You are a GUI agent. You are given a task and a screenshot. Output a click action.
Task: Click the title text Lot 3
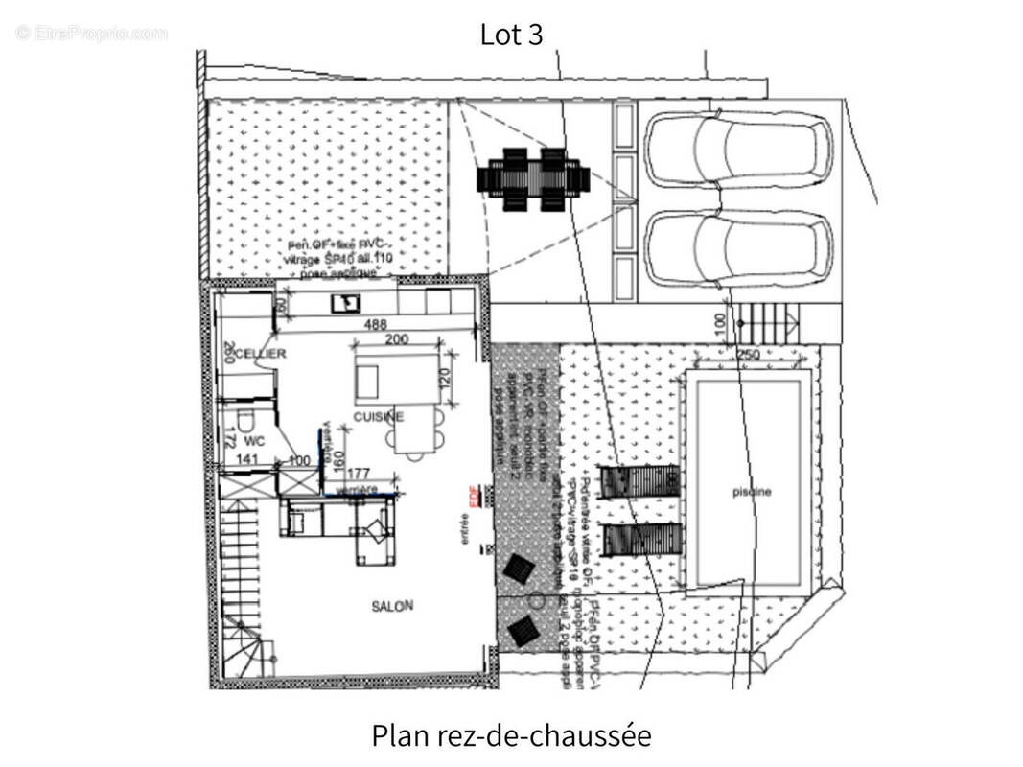tap(511, 35)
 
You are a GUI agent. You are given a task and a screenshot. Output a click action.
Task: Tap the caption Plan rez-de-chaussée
tap(511, 736)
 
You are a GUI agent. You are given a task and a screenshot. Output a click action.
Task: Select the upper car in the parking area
tap(737, 151)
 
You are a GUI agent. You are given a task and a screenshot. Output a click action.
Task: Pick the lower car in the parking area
tap(737, 248)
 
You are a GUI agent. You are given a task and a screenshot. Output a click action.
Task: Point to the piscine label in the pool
tap(751, 492)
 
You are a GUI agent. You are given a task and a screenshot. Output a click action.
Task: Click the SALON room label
tap(392, 606)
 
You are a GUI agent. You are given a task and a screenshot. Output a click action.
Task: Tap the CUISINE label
tap(379, 417)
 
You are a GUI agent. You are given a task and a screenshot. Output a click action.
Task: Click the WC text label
tap(253, 442)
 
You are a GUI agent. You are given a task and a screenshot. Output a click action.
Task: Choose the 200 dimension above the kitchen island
tap(397, 340)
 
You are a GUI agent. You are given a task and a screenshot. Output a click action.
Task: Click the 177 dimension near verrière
tap(359, 473)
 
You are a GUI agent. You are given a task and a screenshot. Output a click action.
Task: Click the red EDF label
tap(473, 495)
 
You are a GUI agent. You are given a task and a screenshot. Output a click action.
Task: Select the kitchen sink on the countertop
tap(344, 303)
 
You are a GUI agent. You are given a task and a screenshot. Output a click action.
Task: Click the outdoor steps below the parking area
tap(765, 324)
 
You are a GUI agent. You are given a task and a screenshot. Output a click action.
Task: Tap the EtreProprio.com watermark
tap(92, 34)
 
